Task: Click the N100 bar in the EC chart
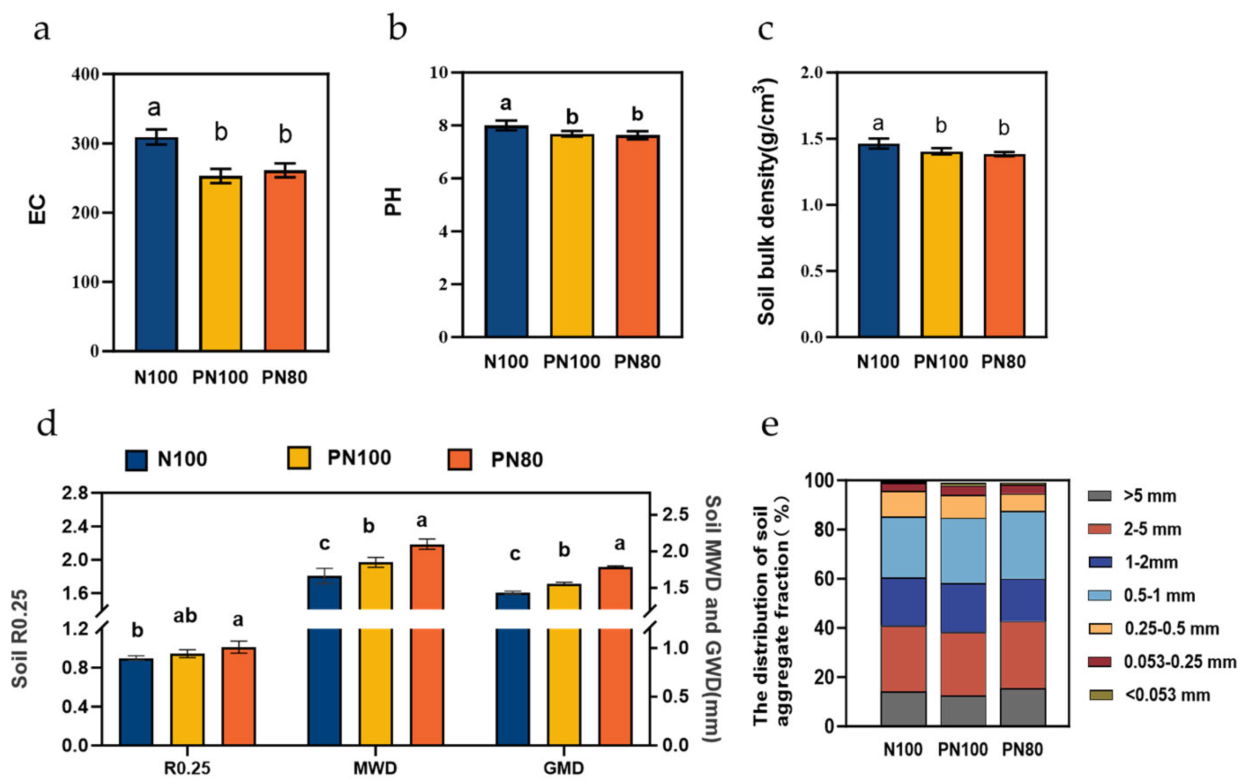click(156, 244)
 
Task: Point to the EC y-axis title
click(37, 209)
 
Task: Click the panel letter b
click(397, 29)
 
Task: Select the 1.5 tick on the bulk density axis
click(813, 139)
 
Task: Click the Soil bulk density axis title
click(766, 202)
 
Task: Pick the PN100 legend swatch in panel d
click(299, 458)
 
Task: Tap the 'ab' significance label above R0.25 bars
click(185, 615)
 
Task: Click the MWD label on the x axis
click(375, 768)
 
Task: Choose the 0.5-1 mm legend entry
click(1160, 595)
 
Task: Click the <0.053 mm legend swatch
click(1100, 695)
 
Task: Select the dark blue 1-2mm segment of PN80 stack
click(1023, 600)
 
